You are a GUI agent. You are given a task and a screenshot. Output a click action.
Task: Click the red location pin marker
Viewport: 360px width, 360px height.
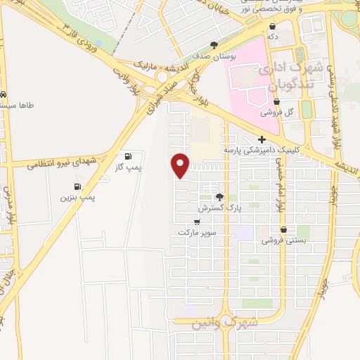(x=181, y=165)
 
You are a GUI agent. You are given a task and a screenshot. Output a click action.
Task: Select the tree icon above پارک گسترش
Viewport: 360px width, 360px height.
(x=219, y=198)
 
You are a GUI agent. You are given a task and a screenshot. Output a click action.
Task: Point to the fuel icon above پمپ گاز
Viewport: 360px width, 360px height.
(x=127, y=156)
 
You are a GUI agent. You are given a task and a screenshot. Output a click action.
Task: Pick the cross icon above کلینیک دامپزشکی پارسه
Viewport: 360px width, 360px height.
(x=262, y=139)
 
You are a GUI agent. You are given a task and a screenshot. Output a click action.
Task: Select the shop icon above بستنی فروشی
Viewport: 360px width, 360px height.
(x=283, y=229)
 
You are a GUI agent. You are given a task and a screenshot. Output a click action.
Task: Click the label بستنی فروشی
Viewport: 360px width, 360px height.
(x=281, y=240)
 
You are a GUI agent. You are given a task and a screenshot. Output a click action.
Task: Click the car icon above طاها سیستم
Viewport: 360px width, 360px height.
(x=5, y=94)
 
